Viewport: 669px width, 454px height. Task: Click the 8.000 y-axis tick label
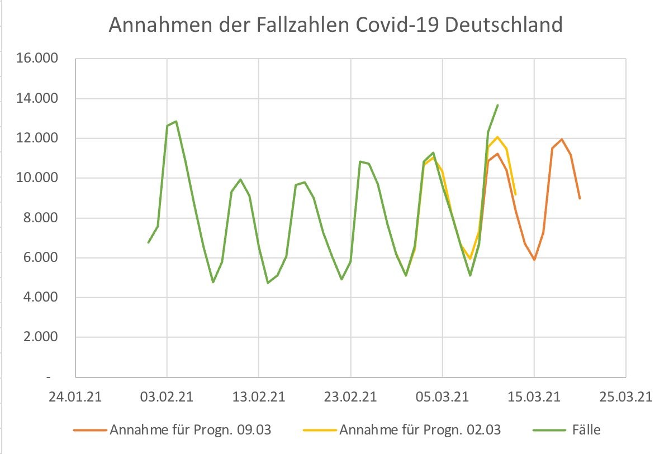[x=42, y=218]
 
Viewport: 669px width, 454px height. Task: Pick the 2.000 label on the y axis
[x=42, y=337]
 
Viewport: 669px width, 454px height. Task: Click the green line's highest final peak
[x=497, y=105]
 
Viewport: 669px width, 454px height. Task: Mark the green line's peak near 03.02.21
[x=176, y=121]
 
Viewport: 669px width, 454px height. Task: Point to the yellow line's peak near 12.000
[x=497, y=137]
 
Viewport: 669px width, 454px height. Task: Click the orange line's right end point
[x=580, y=198]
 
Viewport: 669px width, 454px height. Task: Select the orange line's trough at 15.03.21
[x=534, y=260]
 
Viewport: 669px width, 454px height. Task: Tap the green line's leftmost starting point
[x=148, y=242]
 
